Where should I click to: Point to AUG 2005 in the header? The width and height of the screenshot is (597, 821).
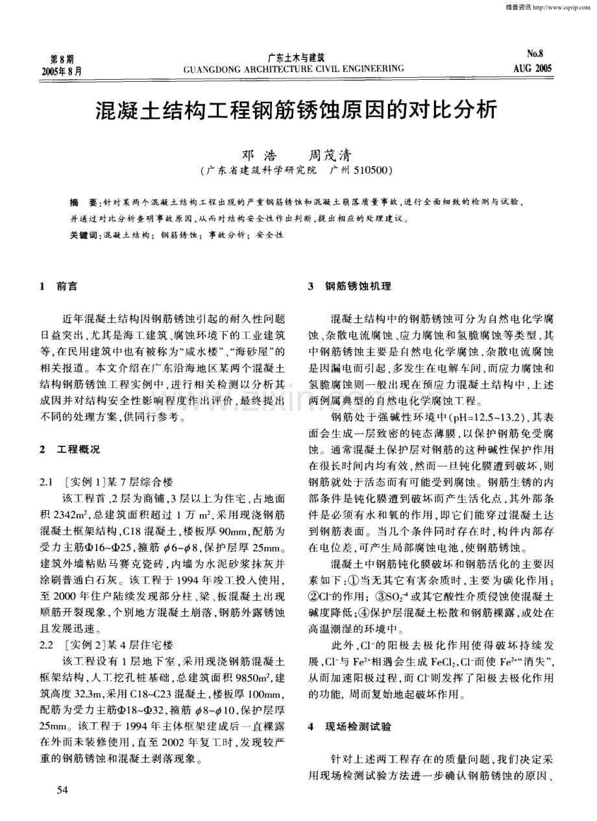tap(531, 67)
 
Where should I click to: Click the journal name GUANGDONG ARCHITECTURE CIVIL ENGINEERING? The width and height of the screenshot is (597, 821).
tap(294, 67)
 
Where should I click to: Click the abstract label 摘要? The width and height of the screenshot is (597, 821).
tap(82, 202)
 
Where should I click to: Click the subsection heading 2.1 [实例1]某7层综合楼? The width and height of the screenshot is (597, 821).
tap(107, 482)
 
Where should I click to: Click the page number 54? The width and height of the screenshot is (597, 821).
tap(63, 789)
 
